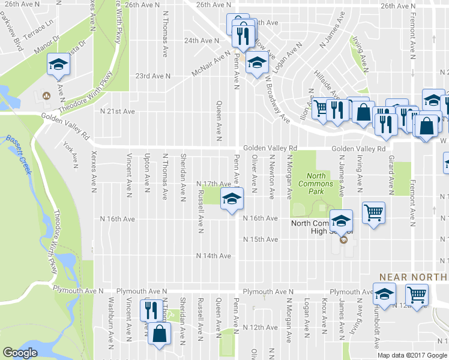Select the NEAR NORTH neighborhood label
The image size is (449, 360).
(414, 277)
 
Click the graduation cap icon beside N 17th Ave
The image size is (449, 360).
(231, 197)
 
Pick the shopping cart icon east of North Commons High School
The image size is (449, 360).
(373, 212)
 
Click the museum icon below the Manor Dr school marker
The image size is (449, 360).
(46, 96)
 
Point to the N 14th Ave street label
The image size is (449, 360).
(214, 256)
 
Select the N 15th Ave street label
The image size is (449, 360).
(261, 239)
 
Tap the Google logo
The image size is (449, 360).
(20, 353)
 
